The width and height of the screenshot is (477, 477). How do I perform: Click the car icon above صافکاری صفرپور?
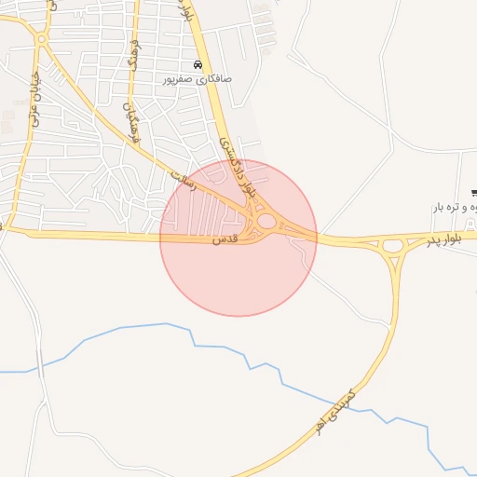point(197,65)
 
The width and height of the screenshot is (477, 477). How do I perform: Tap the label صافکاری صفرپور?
point(197,80)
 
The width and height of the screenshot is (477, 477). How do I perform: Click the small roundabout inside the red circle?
point(266,222)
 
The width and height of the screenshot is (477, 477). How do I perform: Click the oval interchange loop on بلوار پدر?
point(392,247)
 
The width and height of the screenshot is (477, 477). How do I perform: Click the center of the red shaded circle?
point(238,238)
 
